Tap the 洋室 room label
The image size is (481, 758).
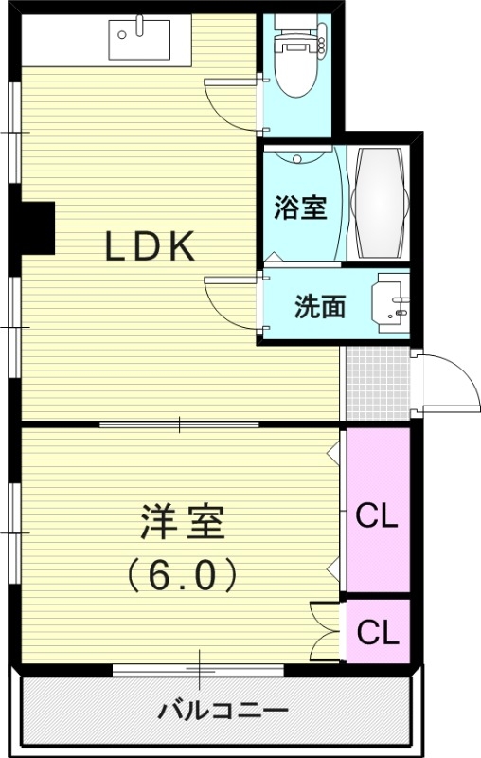pos(183,524)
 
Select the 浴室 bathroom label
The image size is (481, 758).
pos(300,208)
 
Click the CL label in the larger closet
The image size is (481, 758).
pos(377,517)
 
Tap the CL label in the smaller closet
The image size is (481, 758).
pos(377,630)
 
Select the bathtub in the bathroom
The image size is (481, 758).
pos(380,203)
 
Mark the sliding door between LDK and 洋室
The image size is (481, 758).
pos(180,424)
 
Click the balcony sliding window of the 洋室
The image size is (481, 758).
pos(199,670)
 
